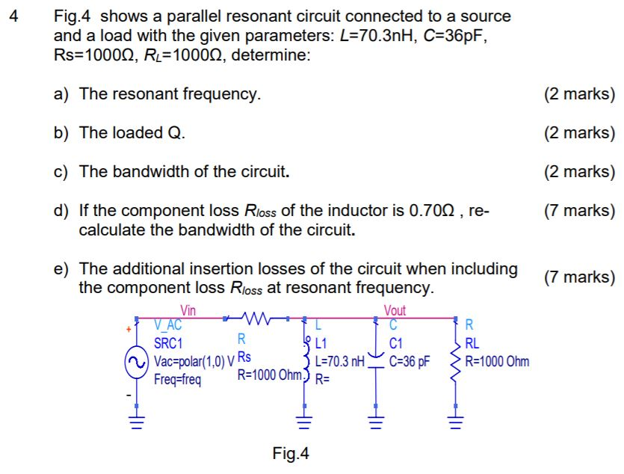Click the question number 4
(x=13, y=16)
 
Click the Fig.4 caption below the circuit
(x=291, y=453)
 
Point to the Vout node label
(x=395, y=311)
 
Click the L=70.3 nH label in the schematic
(x=340, y=362)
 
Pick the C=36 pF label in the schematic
(x=410, y=362)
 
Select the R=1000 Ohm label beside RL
(x=497, y=362)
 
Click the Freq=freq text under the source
(x=177, y=379)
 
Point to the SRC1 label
(x=168, y=344)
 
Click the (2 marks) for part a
(x=580, y=94)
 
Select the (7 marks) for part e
(x=580, y=277)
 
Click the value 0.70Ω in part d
(x=436, y=211)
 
